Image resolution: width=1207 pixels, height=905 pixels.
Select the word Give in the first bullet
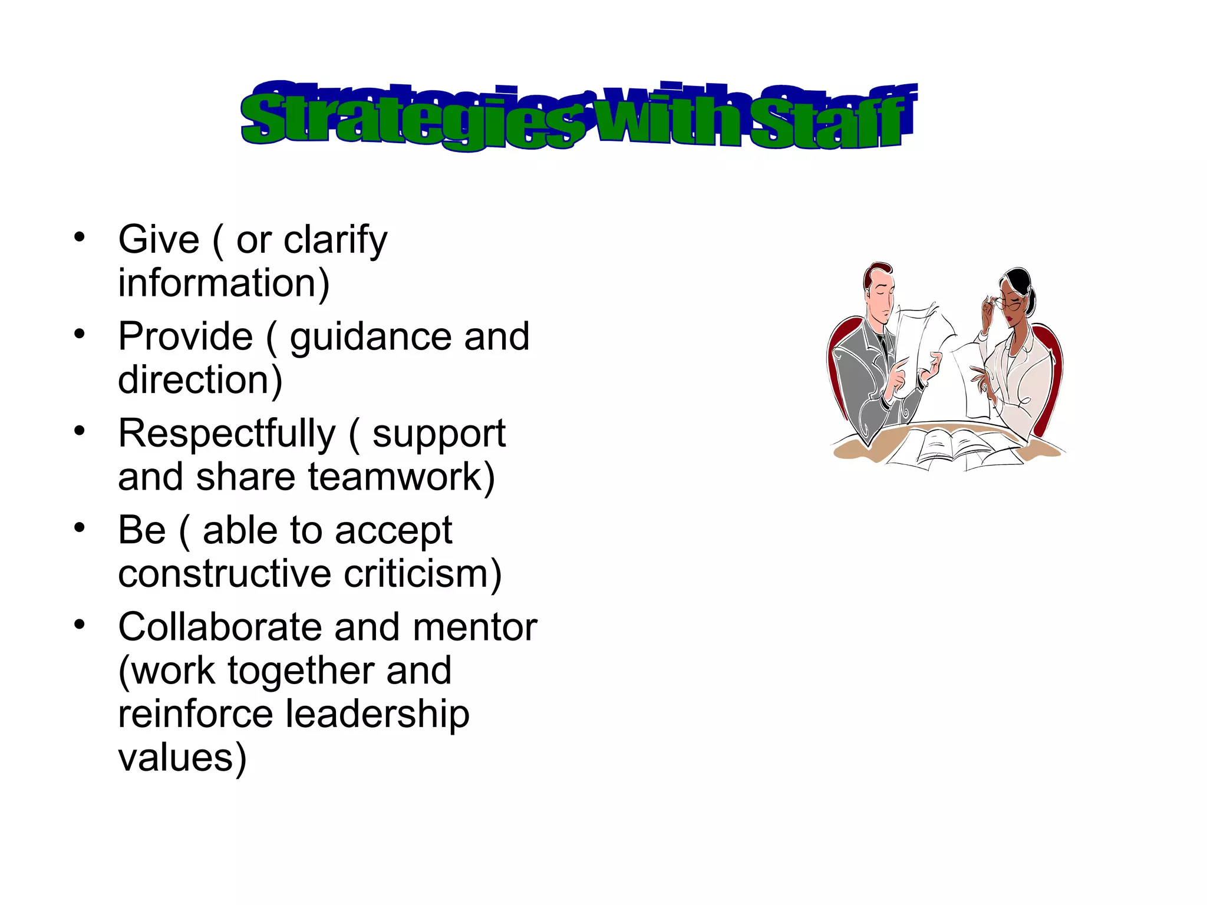point(159,240)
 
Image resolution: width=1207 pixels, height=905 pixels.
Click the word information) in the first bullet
point(223,283)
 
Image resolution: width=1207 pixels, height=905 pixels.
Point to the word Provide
point(185,337)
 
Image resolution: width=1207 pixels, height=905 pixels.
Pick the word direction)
point(200,380)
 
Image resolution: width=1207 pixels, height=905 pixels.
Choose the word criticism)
point(422,574)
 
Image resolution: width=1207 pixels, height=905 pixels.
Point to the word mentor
point(474,627)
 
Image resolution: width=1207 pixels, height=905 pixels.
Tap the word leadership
point(377,714)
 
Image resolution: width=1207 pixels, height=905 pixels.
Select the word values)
point(182,758)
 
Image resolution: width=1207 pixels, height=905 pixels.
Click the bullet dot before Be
point(80,528)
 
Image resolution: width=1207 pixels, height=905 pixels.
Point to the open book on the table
point(955,445)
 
